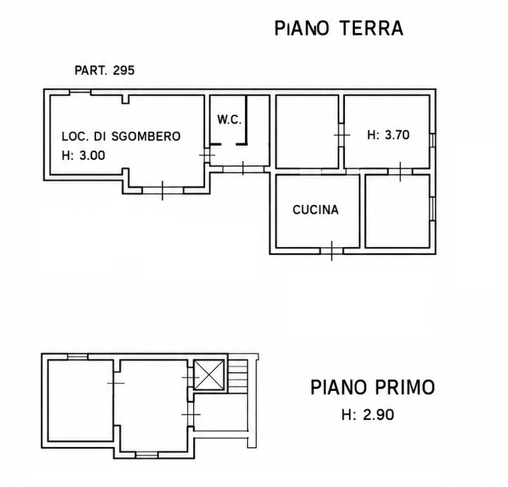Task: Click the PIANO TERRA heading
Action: click(339, 28)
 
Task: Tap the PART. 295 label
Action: click(104, 70)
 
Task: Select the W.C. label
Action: click(229, 120)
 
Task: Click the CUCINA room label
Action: click(315, 210)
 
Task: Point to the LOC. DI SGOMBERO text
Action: click(121, 136)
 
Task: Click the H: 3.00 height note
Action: click(83, 156)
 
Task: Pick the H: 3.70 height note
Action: click(388, 135)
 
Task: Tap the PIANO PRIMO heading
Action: click(373, 387)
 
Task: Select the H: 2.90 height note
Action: click(368, 415)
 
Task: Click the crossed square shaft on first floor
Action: click(209, 375)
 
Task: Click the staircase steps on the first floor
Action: click(238, 373)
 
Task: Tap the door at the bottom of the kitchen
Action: click(332, 251)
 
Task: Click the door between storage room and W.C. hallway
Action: click(207, 155)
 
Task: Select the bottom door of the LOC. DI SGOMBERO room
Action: click(162, 191)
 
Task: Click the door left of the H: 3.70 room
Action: click(342, 135)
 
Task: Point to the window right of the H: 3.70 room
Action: click(433, 141)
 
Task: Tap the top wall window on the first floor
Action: click(78, 357)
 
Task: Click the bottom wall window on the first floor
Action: click(147, 455)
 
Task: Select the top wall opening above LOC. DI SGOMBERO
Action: click(80, 92)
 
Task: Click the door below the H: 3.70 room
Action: click(400, 172)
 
